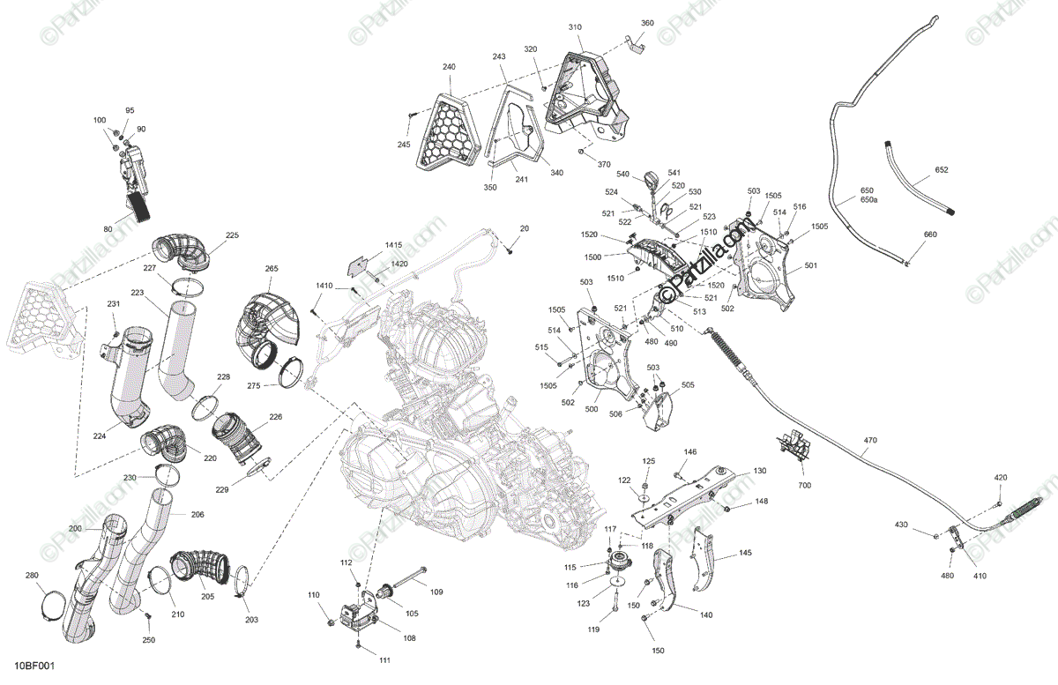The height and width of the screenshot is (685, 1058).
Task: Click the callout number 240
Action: (x=449, y=68)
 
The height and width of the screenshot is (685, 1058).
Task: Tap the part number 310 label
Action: (x=575, y=28)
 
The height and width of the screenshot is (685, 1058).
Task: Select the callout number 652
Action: (x=942, y=170)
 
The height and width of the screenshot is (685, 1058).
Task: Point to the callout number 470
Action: (x=870, y=441)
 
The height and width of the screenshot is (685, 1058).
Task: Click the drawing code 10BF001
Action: (x=34, y=673)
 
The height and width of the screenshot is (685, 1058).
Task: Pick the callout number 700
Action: (x=804, y=485)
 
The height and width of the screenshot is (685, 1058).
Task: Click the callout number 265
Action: (x=272, y=268)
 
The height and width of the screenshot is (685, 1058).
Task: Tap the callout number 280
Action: (x=32, y=576)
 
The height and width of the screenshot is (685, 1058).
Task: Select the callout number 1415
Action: (x=392, y=244)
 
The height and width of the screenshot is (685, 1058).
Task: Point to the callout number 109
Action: (x=436, y=592)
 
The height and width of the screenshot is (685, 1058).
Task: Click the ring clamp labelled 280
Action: (x=51, y=608)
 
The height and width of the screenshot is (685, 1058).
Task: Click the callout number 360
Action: (x=647, y=24)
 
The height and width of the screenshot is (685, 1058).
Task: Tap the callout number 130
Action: (x=759, y=471)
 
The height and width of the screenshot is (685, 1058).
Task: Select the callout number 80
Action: (x=108, y=229)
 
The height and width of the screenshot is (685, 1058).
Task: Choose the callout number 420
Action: (x=1001, y=477)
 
